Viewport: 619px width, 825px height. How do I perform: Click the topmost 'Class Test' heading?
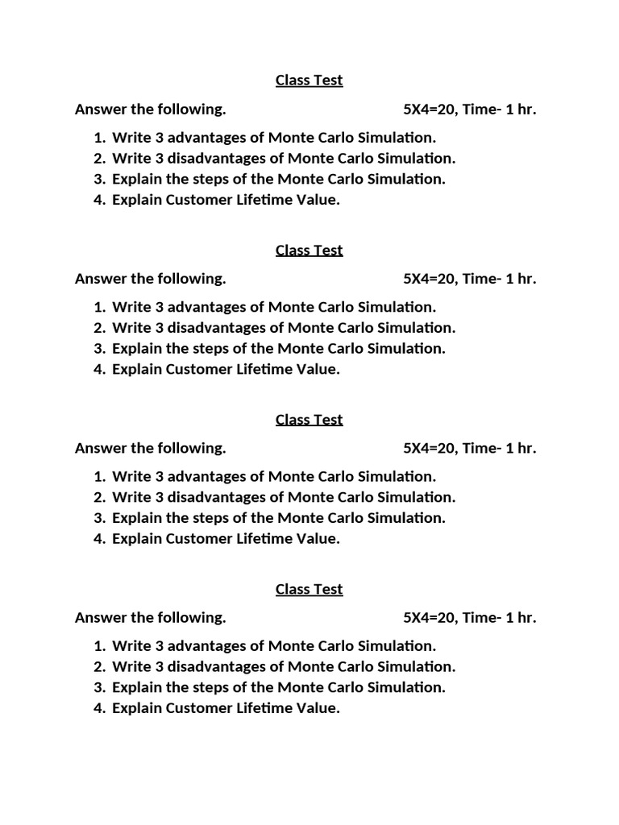(x=309, y=81)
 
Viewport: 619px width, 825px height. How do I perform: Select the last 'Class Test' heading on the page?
(x=309, y=590)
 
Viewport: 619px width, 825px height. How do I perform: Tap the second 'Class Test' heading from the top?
(x=309, y=251)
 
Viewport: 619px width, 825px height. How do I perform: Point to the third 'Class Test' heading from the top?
(x=309, y=420)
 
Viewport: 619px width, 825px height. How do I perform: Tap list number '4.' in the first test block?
(x=99, y=200)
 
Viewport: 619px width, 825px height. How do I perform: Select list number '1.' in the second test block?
(x=99, y=307)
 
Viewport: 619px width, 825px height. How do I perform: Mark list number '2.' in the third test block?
(x=99, y=498)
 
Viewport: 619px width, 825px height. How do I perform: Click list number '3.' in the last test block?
(x=99, y=688)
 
